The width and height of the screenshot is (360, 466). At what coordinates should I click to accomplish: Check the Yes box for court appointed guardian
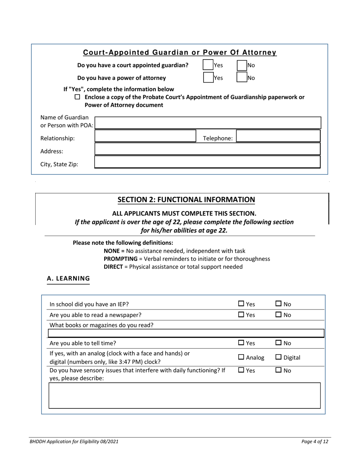click(208, 65)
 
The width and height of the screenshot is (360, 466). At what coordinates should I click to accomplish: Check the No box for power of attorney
click(242, 78)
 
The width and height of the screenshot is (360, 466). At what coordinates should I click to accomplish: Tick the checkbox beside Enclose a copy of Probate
click(77, 97)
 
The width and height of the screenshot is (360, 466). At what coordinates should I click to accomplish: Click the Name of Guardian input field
click(207, 123)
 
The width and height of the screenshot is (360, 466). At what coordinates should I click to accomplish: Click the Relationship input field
click(144, 136)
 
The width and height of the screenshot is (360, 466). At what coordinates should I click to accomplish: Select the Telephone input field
click(278, 136)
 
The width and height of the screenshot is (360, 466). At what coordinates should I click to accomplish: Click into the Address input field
click(207, 149)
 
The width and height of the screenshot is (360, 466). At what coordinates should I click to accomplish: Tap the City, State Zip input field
click(207, 162)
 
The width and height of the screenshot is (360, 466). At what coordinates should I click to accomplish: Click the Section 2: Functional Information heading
click(186, 200)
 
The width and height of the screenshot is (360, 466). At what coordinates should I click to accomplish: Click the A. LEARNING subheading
click(68, 279)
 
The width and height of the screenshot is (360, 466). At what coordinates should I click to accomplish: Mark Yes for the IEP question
click(241, 304)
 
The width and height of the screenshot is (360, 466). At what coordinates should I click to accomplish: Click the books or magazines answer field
click(186, 333)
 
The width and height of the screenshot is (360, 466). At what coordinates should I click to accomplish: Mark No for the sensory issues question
click(278, 371)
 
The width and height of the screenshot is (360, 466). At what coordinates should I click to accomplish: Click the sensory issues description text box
click(185, 396)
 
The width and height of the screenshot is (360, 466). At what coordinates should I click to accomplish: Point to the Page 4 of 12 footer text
click(315, 442)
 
